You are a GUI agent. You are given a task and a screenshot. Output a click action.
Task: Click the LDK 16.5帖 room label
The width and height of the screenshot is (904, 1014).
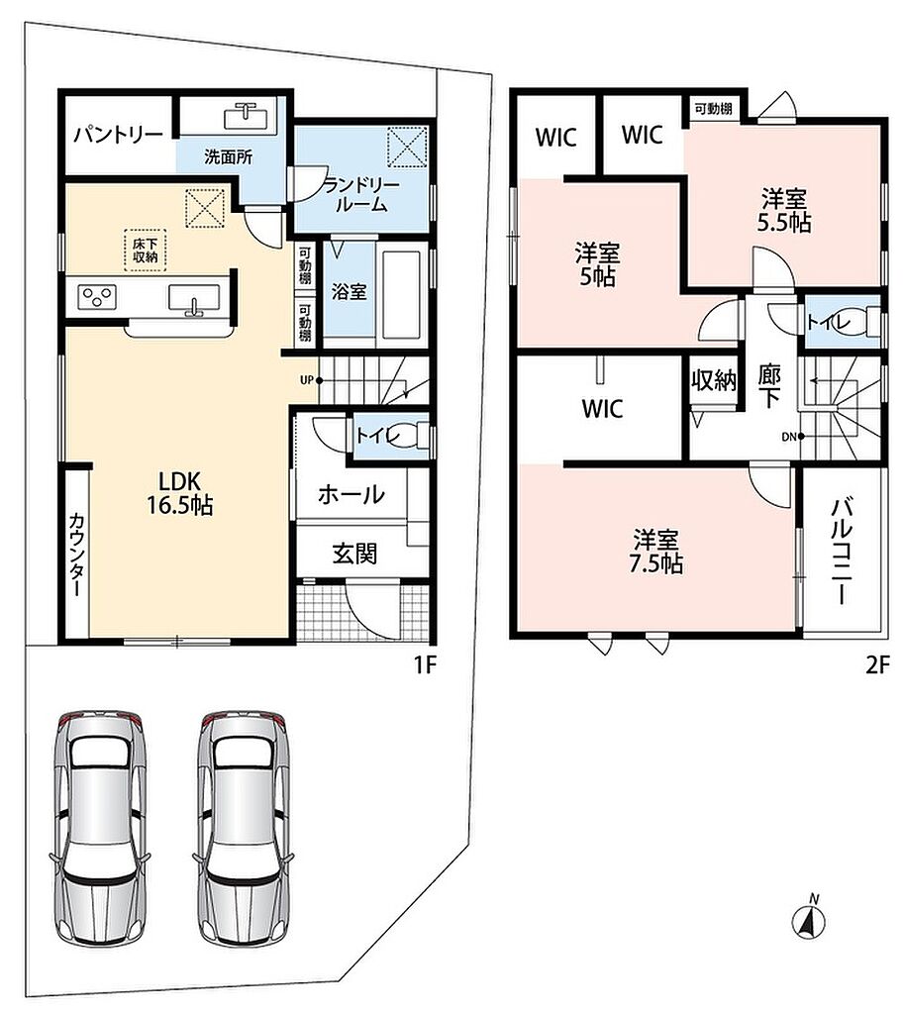pyautogui.click(x=180, y=492)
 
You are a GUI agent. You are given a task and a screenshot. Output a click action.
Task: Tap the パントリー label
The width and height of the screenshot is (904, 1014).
pyautogui.click(x=118, y=135)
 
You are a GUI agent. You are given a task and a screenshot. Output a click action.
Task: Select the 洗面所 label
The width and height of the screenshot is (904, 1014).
pyautogui.click(x=228, y=156)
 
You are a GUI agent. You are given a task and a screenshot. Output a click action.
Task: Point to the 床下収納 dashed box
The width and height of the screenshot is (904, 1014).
pyautogui.click(x=146, y=251)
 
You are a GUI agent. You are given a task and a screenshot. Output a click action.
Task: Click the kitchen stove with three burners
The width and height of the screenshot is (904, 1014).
pyautogui.click(x=97, y=297)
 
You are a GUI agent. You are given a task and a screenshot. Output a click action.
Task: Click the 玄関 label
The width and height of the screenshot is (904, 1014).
pyautogui.click(x=354, y=554)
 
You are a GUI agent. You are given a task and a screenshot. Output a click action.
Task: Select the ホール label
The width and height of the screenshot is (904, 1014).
pyautogui.click(x=352, y=495)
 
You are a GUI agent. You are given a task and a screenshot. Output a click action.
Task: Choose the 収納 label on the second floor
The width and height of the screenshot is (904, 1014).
pyautogui.click(x=714, y=380)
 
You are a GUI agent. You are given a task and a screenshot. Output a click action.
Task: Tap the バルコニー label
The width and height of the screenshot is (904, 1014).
pyautogui.click(x=842, y=551)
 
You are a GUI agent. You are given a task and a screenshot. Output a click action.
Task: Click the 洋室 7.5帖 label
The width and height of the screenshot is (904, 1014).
pyautogui.click(x=655, y=551)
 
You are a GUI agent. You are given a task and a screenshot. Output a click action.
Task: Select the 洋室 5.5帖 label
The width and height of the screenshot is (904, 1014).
pyautogui.click(x=784, y=210)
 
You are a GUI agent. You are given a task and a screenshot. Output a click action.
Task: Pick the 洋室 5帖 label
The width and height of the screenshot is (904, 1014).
pyautogui.click(x=597, y=264)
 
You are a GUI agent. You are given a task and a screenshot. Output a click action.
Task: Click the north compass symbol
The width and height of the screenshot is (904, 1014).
pyautogui.click(x=809, y=919)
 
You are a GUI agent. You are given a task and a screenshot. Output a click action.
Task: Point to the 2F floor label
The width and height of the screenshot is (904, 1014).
pyautogui.click(x=878, y=664)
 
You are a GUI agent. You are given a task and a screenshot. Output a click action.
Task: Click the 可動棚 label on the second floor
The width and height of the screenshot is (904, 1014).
pyautogui.click(x=713, y=108)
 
